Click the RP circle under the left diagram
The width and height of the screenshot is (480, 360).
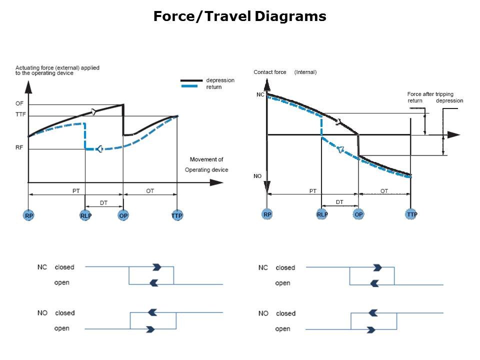(29, 215)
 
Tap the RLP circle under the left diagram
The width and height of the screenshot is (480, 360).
(85, 215)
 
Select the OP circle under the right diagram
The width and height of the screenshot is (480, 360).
(358, 214)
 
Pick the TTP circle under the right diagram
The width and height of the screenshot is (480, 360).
(411, 214)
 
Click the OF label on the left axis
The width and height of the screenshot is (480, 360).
(19, 103)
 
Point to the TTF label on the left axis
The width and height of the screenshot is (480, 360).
(20, 114)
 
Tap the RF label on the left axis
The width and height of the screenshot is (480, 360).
(19, 147)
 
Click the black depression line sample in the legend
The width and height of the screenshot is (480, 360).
(191, 80)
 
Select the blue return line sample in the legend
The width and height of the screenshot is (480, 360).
(189, 86)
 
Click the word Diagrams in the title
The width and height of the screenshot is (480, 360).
(290, 16)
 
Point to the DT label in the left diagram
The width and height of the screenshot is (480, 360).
(103, 202)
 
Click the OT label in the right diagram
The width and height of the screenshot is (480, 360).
(384, 190)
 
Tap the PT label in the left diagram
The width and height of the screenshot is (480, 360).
(76, 190)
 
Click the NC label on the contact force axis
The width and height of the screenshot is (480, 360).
(260, 94)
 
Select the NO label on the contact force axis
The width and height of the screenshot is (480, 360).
(257, 176)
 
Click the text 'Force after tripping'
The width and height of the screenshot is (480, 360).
(430, 94)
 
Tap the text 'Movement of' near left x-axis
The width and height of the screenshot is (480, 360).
(206, 159)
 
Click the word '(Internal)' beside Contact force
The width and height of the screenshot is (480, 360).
(305, 72)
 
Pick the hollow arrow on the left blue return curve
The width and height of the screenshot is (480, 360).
(99, 149)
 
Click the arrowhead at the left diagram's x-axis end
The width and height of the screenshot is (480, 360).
(216, 182)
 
